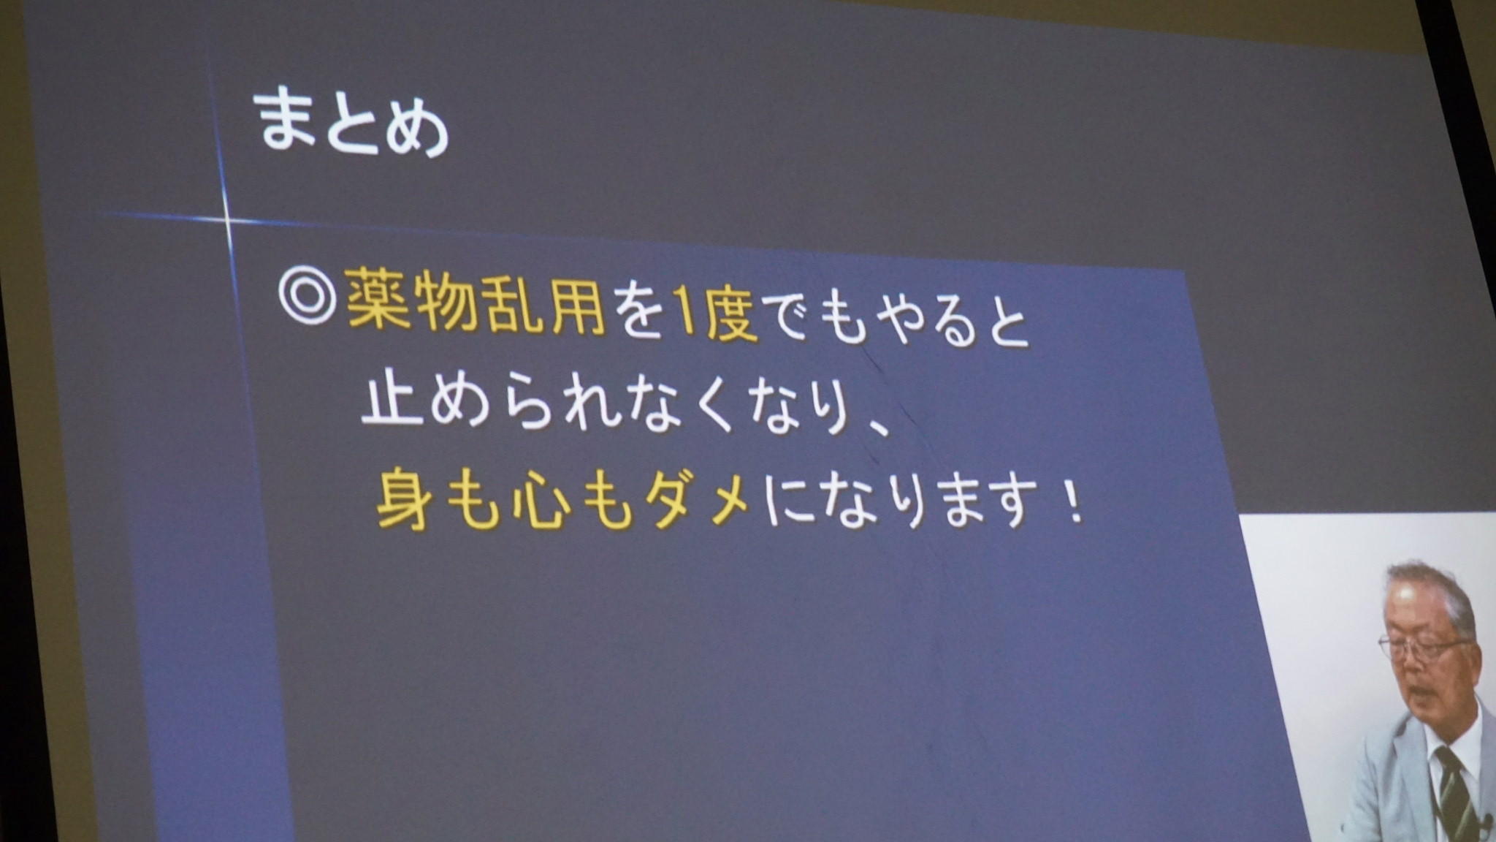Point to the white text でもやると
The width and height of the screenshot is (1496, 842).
coord(898,321)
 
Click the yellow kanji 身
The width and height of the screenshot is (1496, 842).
coord(405,497)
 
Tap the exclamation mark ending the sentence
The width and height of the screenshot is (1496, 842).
coord(1075,505)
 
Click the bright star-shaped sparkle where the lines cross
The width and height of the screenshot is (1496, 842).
coord(226,219)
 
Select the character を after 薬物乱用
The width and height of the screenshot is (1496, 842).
coord(640,311)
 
